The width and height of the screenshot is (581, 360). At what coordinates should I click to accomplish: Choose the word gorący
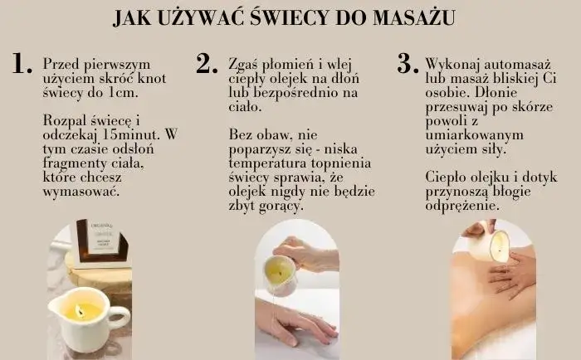click(281, 205)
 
